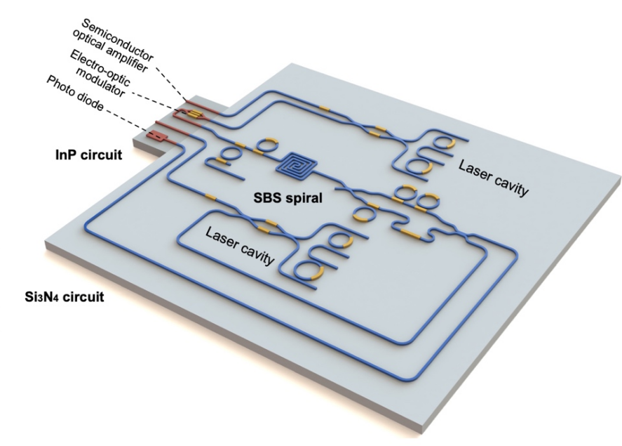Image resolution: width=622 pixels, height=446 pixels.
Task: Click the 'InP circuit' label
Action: (89, 155)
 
